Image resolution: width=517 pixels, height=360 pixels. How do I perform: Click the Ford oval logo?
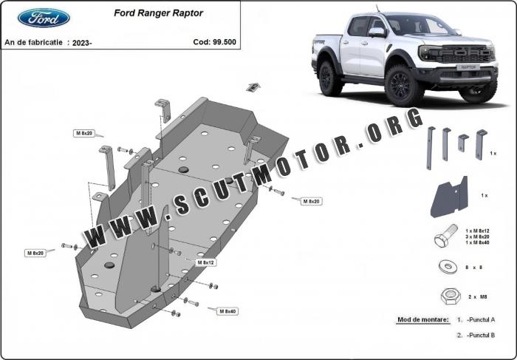pyautogui.click(x=44, y=18)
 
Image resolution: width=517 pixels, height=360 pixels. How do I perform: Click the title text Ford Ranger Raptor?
pyautogui.click(x=158, y=13)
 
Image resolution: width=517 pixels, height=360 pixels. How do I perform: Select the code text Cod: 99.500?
pyautogui.click(x=215, y=42)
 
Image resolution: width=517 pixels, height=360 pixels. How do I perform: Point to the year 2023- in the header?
pyautogui.click(x=82, y=43)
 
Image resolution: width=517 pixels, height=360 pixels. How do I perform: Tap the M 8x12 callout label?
pyautogui.click(x=206, y=262)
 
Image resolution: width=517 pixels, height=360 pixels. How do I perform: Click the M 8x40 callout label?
pyautogui.click(x=227, y=311)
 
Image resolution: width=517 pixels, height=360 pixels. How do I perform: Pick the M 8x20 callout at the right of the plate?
pyautogui.click(x=311, y=201)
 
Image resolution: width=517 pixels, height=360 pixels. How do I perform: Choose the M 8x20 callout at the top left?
pyautogui.click(x=83, y=133)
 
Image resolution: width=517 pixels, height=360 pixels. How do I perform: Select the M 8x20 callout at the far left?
pyautogui.click(x=35, y=253)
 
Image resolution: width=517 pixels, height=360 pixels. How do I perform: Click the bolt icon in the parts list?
pyautogui.click(x=446, y=236)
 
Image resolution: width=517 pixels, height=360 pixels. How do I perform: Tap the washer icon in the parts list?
pyautogui.click(x=448, y=266)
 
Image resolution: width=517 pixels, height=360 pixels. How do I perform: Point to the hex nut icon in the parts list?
pyautogui.click(x=451, y=296)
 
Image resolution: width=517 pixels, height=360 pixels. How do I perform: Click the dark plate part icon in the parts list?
pyautogui.click(x=449, y=197)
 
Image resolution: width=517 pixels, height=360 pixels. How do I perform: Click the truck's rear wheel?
pyautogui.click(x=329, y=78)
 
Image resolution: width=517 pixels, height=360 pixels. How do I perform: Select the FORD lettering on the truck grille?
pyautogui.click(x=464, y=52)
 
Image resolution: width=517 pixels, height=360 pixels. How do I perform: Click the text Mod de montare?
pyautogui.click(x=422, y=319)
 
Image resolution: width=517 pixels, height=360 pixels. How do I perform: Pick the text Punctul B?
pyautogui.click(x=482, y=335)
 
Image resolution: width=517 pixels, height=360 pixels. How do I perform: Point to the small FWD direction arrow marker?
pyautogui.click(x=253, y=87)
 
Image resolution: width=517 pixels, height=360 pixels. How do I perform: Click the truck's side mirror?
pyautogui.click(x=377, y=32)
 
